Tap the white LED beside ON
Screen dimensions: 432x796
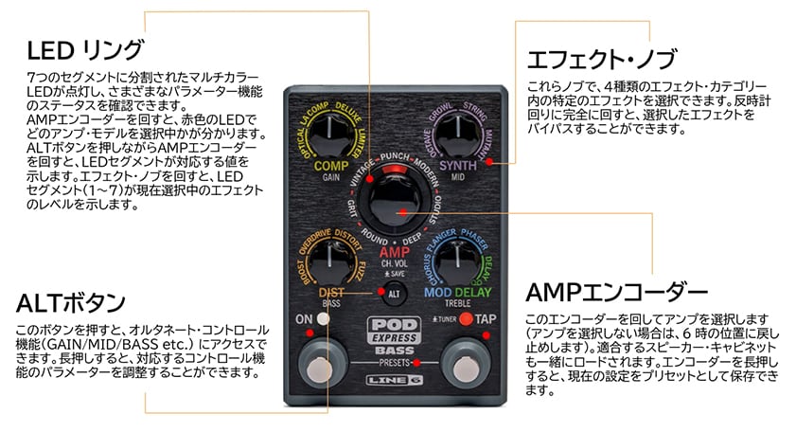tap(325, 319)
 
